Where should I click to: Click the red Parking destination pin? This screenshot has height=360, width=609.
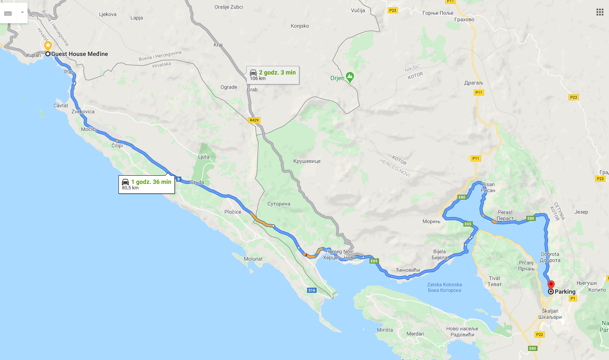coord(550,284)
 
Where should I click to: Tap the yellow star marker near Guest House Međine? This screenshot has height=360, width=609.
coord(48,45)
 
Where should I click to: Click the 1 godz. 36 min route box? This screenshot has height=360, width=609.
coord(146,184)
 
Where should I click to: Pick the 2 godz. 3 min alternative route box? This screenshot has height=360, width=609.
coord(272,75)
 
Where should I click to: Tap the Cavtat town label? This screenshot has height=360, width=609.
coord(61,106)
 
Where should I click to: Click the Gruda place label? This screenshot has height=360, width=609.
coord(197,182)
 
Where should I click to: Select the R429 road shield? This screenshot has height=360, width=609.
coord(254,120)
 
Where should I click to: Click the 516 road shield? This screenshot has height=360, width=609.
coord(312,290)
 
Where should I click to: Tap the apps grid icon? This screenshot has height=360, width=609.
coord(600,12)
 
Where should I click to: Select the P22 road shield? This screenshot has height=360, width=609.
coord(539,334)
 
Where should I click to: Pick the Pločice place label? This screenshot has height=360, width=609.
coord(233,212)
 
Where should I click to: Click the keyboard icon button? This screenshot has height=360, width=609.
coord(8,13)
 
